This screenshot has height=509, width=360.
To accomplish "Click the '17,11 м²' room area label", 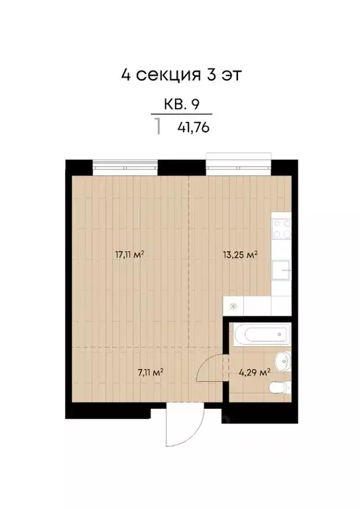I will tap(130, 254).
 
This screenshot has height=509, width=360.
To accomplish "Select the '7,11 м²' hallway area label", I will tap(150, 372).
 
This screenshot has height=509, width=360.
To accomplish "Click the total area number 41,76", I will tap(194, 128).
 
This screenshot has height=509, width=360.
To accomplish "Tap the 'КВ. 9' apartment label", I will tap(182, 104).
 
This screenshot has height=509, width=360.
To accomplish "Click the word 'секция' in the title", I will tap(166, 74).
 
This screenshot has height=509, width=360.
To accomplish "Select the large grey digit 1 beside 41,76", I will tap(158, 126).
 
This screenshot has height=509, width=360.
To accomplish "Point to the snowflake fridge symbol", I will tap(233, 306).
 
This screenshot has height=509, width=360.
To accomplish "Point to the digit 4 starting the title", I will tap(125, 74).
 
